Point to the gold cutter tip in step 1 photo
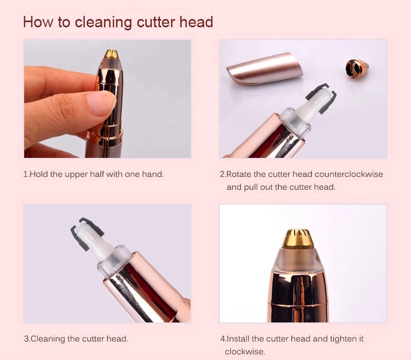tap(111, 54)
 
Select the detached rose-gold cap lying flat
tap(264, 68)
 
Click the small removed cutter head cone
tap(357, 68)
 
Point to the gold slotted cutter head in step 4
tap(298, 239)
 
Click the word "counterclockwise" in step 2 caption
tap(349, 174)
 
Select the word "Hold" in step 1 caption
tap(39, 174)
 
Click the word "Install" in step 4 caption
tap(237, 339)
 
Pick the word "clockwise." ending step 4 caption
tap(245, 352)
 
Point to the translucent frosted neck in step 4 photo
tap(298, 259)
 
